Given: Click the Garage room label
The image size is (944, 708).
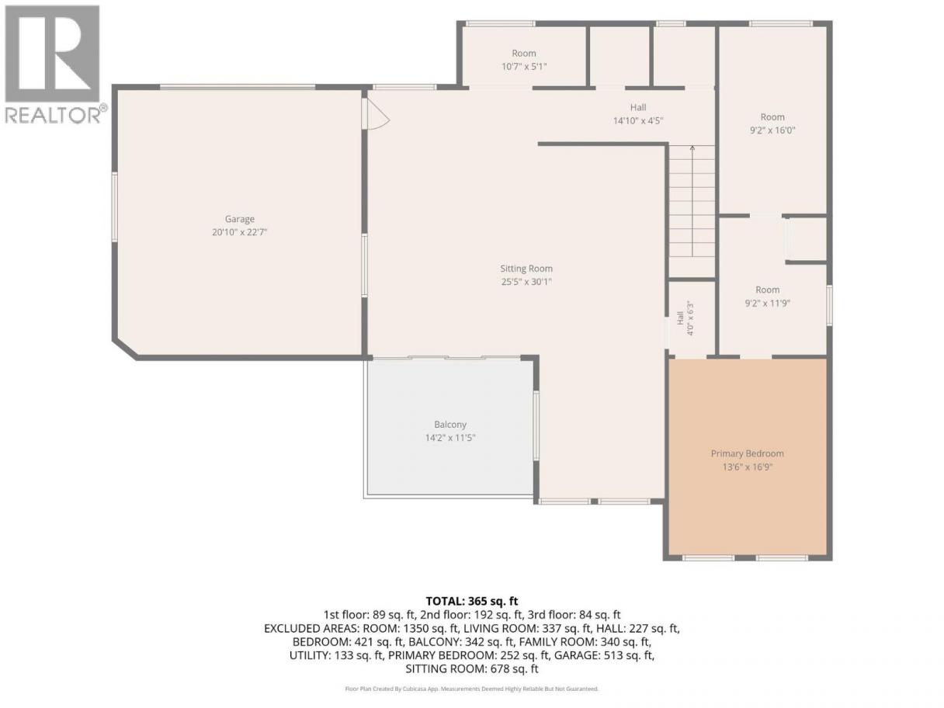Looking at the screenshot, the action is click(x=240, y=219).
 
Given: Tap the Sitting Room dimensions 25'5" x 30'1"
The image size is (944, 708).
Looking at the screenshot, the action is click(x=526, y=282).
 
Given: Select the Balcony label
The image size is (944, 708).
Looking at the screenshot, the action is click(x=450, y=425).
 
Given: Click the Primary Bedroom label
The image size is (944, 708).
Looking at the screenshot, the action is click(x=748, y=453).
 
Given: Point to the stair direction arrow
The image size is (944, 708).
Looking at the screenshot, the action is click(x=692, y=201).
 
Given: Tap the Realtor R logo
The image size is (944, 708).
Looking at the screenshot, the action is click(x=52, y=54).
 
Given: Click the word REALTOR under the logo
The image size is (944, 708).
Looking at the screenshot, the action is click(x=53, y=115).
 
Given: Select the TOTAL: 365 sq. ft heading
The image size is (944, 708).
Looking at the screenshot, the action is click(x=472, y=601).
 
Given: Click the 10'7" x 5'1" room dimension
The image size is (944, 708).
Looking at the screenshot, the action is click(x=524, y=67).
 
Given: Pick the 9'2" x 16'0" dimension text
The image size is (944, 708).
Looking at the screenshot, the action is click(x=772, y=130).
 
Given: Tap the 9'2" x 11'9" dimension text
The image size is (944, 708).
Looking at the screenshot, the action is click(x=767, y=303).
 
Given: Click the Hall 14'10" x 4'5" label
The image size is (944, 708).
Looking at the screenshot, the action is click(x=638, y=114).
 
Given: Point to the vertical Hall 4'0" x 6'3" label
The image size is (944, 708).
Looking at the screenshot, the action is click(x=685, y=318).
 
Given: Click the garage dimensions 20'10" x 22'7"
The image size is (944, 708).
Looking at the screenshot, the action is click(x=240, y=232).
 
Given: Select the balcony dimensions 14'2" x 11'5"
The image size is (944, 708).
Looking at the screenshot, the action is click(x=450, y=438).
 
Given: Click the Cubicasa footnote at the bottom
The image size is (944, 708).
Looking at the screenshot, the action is click(x=472, y=689).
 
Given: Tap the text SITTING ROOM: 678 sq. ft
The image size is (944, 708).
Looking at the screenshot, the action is click(x=472, y=669).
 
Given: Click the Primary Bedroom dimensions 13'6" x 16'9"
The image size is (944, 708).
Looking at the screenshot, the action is click(x=748, y=467).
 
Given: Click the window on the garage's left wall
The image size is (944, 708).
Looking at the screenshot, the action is click(x=115, y=206).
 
